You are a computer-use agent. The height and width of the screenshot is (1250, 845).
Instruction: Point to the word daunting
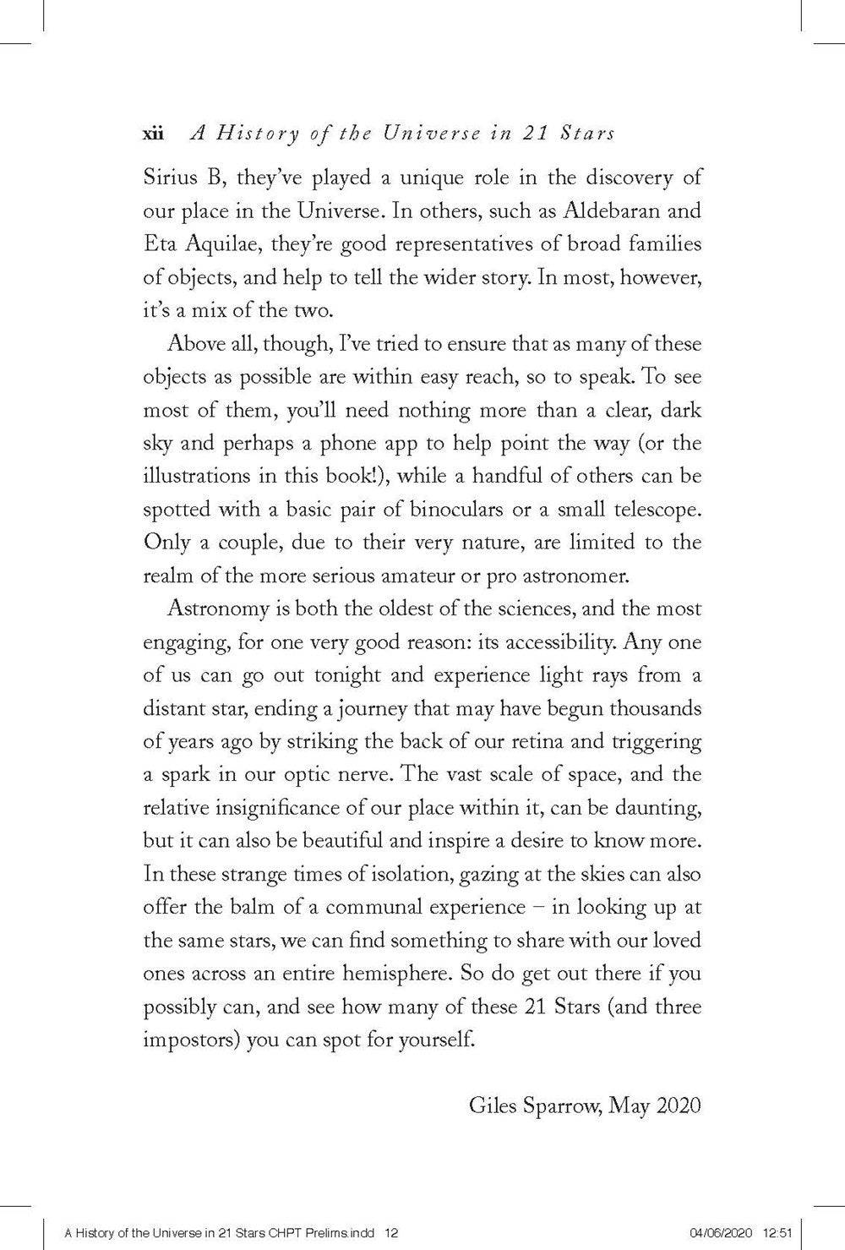pyautogui.click(x=656, y=808)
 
